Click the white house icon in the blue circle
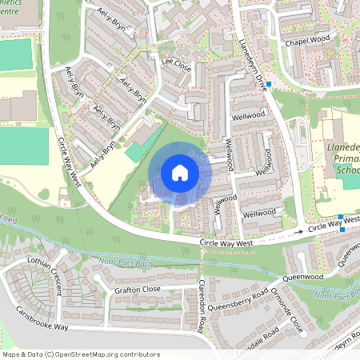[x=180, y=172]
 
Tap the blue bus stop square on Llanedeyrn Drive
[x=270, y=84]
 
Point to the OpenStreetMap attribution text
[x=81, y=354]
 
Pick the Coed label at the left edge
[x=7, y=218]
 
